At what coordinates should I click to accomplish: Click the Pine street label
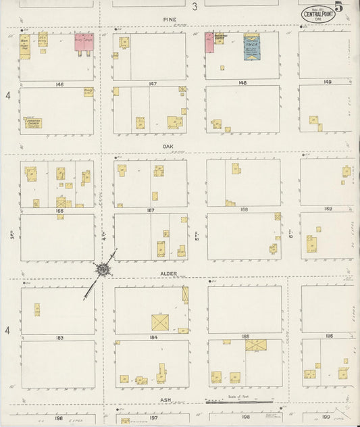pyautogui.click(x=169, y=20)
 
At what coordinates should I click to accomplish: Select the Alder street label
pyautogui.click(x=169, y=274)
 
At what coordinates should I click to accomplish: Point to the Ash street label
pyautogui.click(x=165, y=399)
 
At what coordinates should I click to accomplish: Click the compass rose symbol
pyautogui.click(x=103, y=270)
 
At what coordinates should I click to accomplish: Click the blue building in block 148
pyautogui.click(x=251, y=47)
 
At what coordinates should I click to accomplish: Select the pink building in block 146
pyautogui.click(x=84, y=42)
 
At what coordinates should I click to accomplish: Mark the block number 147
pyautogui.click(x=153, y=84)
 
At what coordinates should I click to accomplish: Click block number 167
pyautogui.click(x=150, y=210)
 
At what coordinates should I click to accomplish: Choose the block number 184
pyautogui.click(x=153, y=336)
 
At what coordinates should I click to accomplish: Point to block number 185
pyautogui.click(x=245, y=336)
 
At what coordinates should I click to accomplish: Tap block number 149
pyautogui.click(x=328, y=82)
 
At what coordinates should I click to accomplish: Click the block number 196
pyautogui.click(x=59, y=418)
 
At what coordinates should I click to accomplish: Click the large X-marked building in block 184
pyautogui.click(x=161, y=322)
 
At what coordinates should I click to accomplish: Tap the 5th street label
pyautogui.click(x=197, y=238)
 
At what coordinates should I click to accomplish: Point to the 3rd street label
pyautogui.click(x=12, y=235)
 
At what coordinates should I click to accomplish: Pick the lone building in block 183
pyautogui.click(x=37, y=309)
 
